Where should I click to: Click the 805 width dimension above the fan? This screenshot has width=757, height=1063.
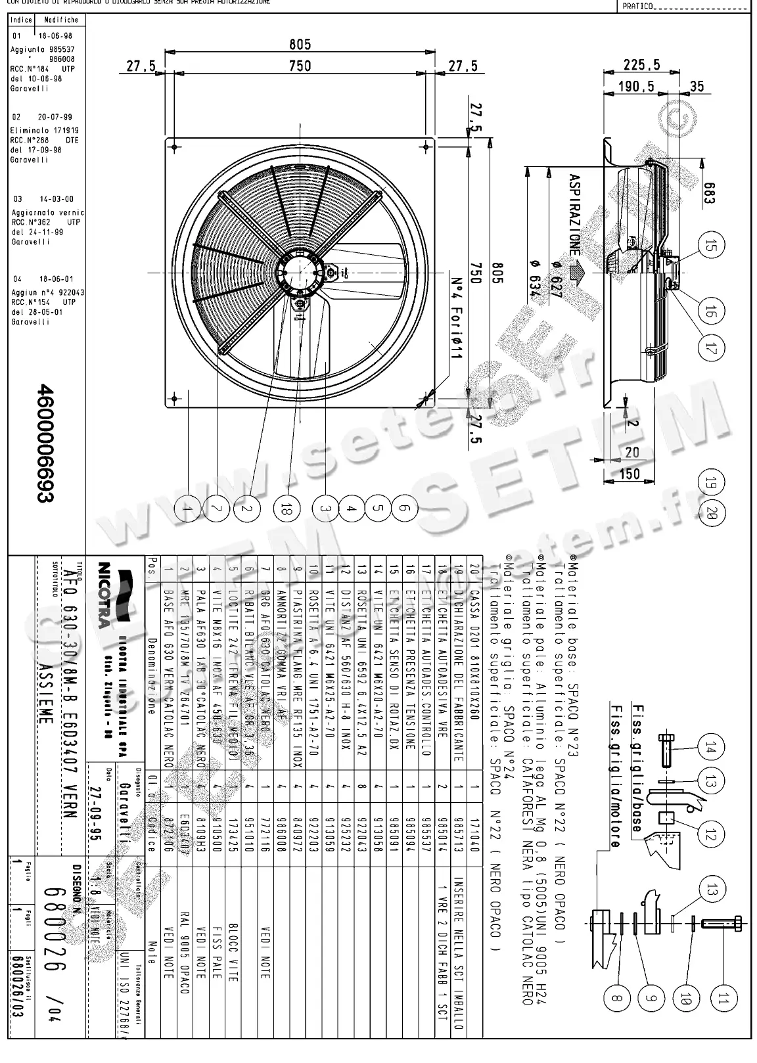pos(300,45)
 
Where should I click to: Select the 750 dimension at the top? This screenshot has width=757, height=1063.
pos(300,66)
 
